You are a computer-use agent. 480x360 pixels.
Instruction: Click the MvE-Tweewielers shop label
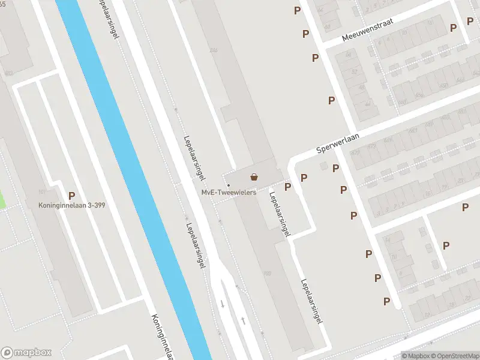coord(229,192)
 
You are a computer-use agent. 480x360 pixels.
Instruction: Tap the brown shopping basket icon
coord(254,177)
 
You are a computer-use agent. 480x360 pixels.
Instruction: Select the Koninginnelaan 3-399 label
coord(71,205)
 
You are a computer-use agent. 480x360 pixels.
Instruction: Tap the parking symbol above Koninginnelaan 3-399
coord(71,195)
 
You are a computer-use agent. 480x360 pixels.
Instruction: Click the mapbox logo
coord(26,353)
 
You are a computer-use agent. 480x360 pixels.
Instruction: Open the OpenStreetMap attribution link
coord(454,356)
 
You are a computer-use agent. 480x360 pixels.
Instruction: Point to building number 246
coord(213,50)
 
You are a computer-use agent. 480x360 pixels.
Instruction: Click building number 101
coord(41,192)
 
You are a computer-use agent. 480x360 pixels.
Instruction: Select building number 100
coord(267,274)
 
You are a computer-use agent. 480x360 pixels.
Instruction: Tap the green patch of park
coord(2,198)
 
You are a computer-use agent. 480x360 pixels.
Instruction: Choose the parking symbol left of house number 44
coord(331,100)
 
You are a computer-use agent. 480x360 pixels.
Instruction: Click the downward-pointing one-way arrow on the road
coord(223,304)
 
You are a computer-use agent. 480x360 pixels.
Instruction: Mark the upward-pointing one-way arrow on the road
coord(243,320)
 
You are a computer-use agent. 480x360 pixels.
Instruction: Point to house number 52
coord(353,72)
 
